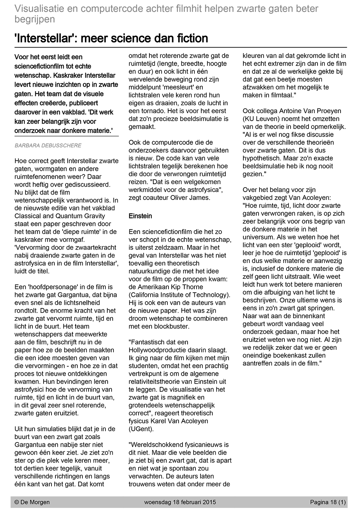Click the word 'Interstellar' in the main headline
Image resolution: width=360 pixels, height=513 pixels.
click(x=43, y=38)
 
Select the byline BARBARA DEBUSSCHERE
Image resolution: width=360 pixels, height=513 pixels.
click(x=48, y=146)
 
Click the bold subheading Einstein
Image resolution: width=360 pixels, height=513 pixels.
click(x=140, y=216)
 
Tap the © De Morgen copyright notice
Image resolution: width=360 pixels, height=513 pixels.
click(x=32, y=502)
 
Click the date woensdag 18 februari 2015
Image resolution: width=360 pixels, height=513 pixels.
click(x=180, y=502)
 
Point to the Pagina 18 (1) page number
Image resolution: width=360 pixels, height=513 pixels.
click(x=328, y=502)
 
